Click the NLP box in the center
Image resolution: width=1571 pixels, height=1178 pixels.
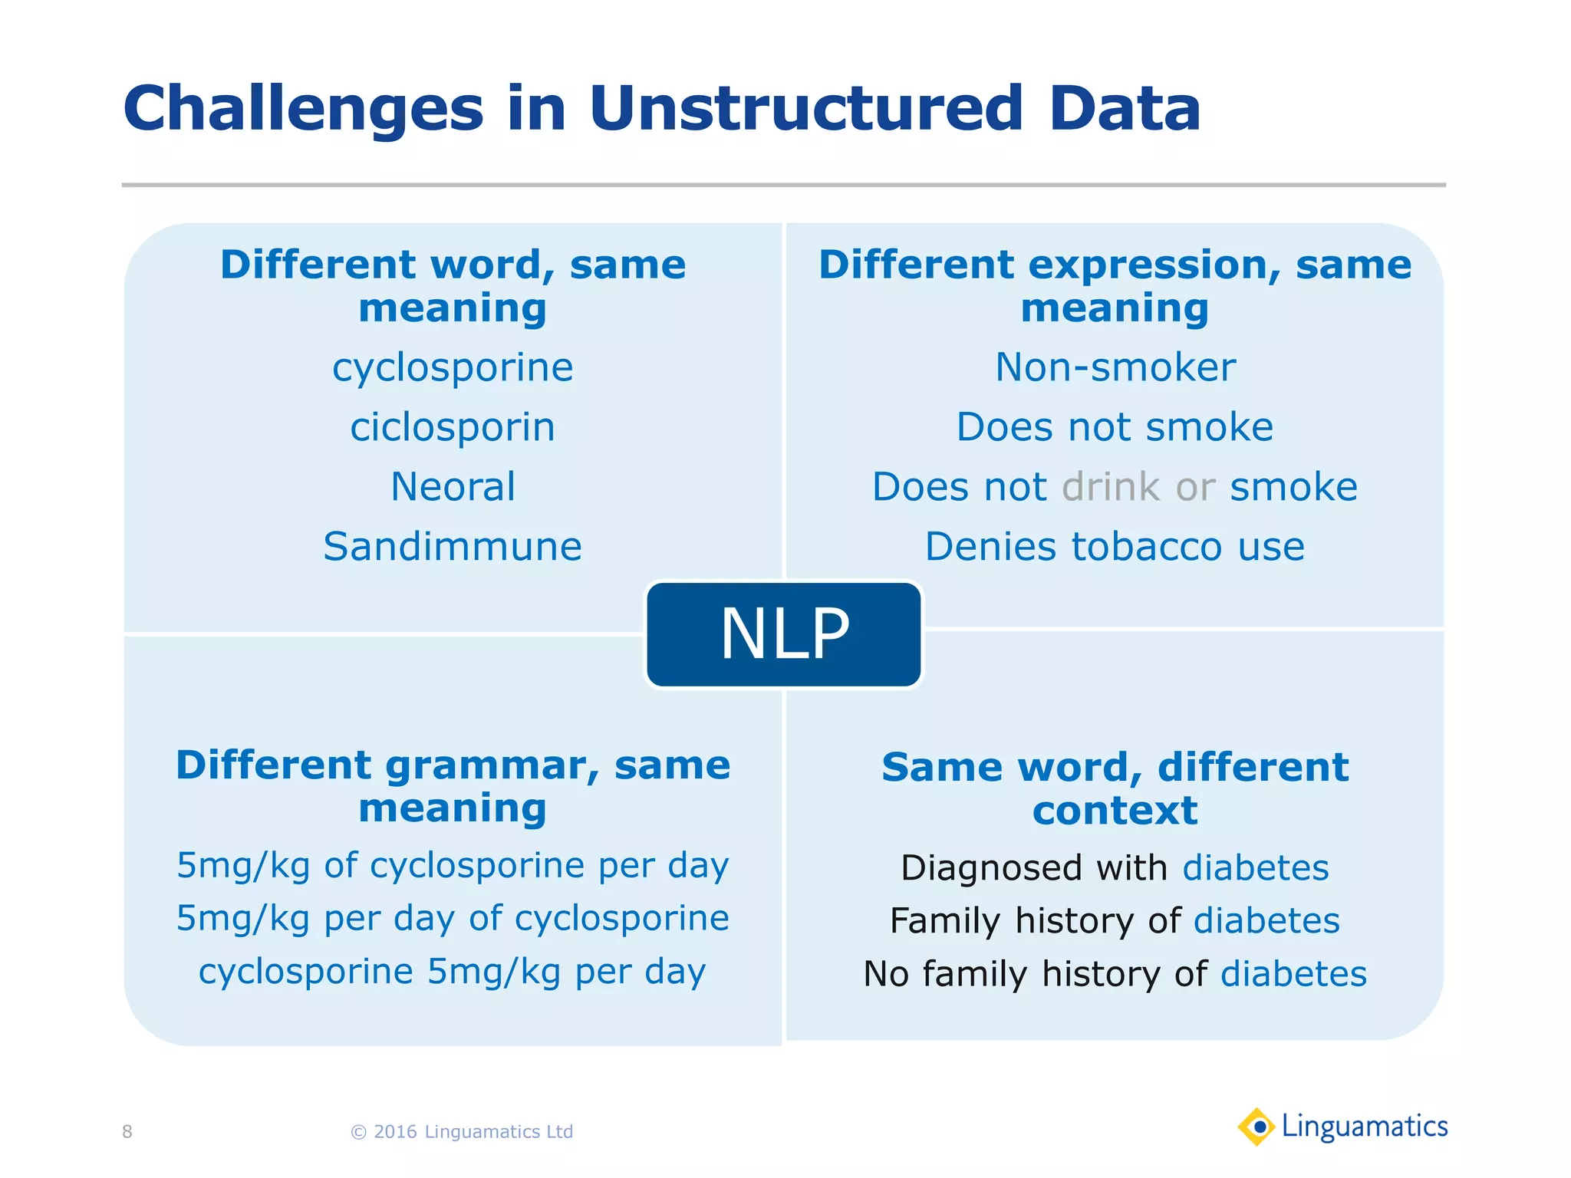tap(783, 634)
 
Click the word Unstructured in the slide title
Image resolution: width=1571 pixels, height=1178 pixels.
tap(805, 109)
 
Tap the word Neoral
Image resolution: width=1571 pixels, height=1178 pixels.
tap(453, 488)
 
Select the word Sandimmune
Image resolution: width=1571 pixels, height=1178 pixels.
tap(453, 548)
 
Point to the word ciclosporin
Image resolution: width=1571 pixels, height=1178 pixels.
tap(453, 428)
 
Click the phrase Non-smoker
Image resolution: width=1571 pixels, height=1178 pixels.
tap(1115, 368)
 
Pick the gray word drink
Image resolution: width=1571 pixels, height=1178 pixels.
tap(1110, 488)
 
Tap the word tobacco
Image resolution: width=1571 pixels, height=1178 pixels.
tap(1146, 548)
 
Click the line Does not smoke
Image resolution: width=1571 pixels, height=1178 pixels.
tap(1115, 428)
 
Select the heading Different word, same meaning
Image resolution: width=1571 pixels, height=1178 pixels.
tap(453, 286)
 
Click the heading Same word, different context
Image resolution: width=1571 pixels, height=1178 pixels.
tap(1115, 788)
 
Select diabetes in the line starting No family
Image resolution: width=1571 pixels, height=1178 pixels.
tap(1293, 975)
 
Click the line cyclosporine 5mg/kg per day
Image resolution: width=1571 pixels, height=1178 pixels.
tap(453, 972)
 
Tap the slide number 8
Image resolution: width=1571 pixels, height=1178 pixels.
tap(127, 1132)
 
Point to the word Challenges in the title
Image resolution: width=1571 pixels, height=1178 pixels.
tap(303, 109)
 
